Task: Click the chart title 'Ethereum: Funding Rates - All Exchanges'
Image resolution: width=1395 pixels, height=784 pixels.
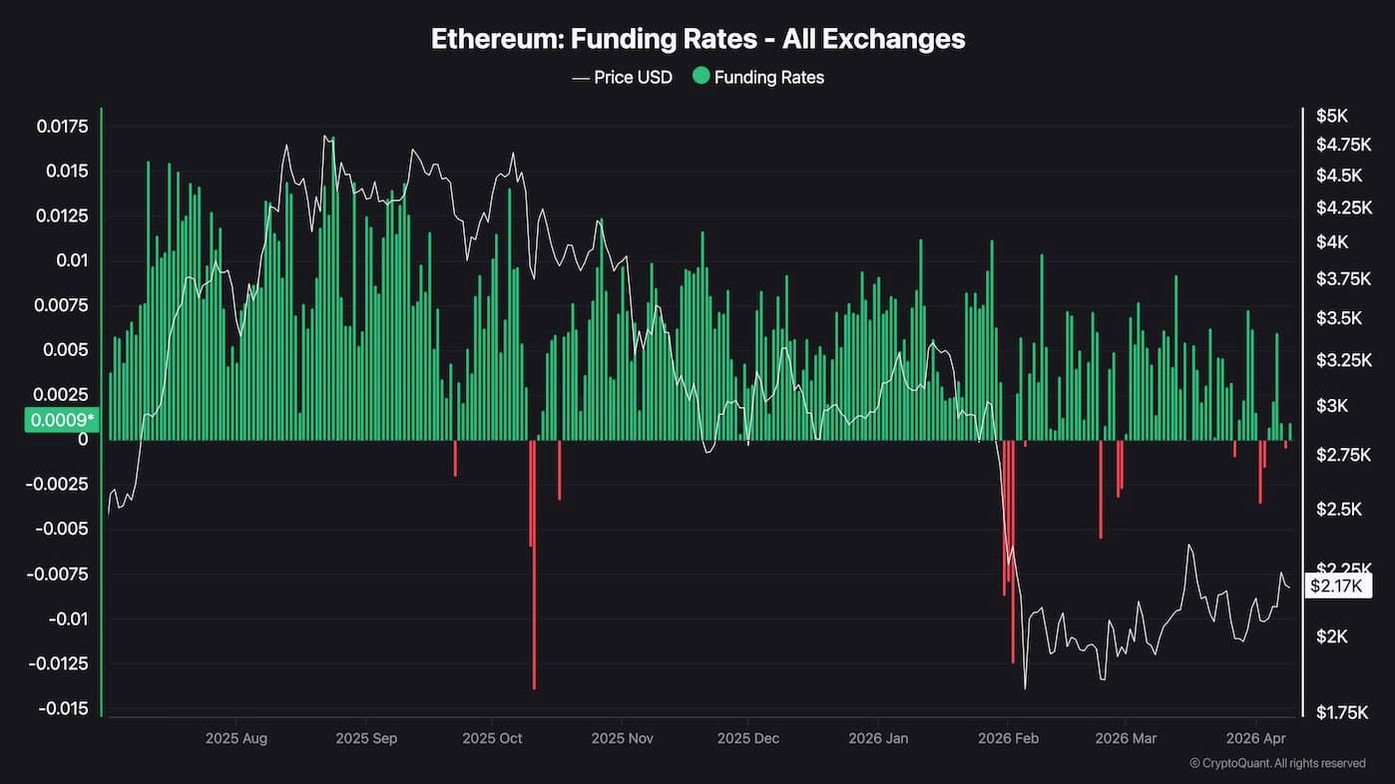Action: click(697, 39)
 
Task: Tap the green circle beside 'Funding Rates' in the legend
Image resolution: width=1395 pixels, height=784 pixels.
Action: click(700, 76)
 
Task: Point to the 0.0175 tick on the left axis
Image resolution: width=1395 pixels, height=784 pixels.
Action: click(62, 127)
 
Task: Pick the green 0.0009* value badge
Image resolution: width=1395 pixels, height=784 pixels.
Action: click(62, 420)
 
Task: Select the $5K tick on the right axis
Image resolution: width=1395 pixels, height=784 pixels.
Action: click(1331, 116)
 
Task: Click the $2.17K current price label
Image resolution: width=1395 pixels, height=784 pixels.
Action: click(1336, 586)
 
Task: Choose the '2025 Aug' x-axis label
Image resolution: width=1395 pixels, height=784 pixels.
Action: click(236, 739)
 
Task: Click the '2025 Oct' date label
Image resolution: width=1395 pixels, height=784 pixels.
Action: click(493, 739)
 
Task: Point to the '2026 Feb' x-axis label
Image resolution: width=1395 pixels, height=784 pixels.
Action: click(1008, 739)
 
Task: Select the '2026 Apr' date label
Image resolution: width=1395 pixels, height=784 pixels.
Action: click(1254, 739)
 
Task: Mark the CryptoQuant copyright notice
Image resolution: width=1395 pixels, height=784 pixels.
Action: click(1277, 763)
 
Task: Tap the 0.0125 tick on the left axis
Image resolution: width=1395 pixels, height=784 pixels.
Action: click(62, 216)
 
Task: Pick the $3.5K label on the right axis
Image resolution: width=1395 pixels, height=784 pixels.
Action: click(1337, 318)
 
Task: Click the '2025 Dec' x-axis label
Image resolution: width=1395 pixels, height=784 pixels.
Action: click(747, 739)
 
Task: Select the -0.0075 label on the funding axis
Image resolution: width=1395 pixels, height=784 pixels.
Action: click(62, 575)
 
